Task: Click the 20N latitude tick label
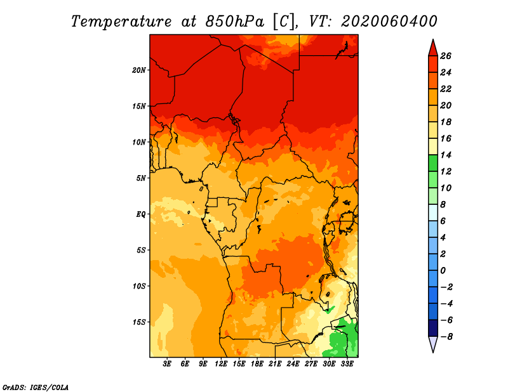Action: pos(138,70)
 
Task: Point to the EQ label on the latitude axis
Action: pos(141,214)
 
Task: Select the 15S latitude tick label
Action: pos(138,322)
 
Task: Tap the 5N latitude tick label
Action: pos(141,178)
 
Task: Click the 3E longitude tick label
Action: pos(167,364)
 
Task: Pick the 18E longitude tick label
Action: pos(257,364)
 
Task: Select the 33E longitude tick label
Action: pos(347,364)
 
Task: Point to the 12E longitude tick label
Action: pos(221,364)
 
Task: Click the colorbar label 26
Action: pos(446,56)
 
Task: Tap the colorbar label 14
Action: pos(446,155)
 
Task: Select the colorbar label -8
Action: pos(446,337)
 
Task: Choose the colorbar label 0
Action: pos(443,271)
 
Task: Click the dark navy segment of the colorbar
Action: pos(433,328)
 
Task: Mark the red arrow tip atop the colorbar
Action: pos(433,40)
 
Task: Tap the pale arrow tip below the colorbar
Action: pos(433,352)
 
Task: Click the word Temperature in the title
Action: pos(121,22)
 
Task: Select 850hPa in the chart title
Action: pos(235,22)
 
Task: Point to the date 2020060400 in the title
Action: pos(389,22)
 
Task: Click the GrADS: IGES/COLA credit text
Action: pos(36,388)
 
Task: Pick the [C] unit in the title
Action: pos(284,22)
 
